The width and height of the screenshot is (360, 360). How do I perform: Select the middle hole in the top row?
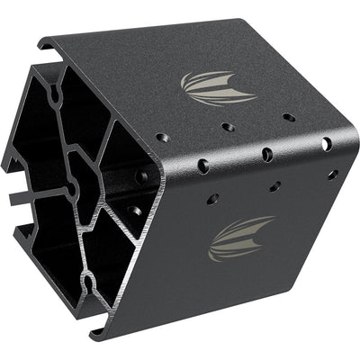pos(229,127)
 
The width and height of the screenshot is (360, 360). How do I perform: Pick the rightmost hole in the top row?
pos(288,117)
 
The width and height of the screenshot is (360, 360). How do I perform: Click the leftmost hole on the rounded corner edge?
pos(204,166)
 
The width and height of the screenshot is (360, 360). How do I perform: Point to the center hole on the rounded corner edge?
pos(267,154)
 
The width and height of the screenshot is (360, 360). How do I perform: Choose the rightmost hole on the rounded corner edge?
pos(326,144)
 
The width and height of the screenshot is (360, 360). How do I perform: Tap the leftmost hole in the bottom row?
pos(214,198)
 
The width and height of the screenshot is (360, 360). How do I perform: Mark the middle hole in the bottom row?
pos(274,186)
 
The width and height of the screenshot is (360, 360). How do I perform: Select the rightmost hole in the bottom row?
pos(332,174)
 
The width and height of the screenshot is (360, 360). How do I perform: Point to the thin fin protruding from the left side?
pos(25,192)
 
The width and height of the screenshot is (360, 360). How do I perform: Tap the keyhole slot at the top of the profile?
pos(57,93)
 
